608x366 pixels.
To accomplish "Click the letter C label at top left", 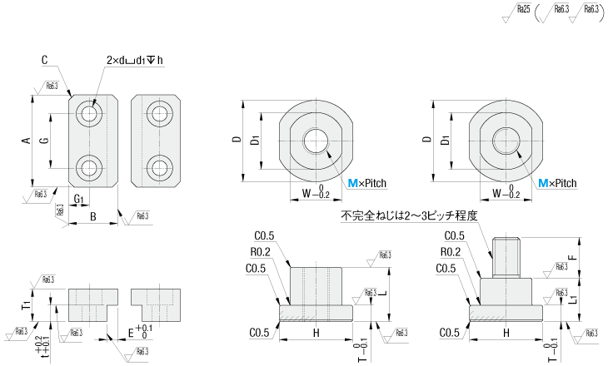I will (x=45, y=60).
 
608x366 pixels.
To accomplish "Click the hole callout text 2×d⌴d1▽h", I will (x=135, y=61).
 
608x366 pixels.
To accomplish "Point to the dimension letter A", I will (x=26, y=141).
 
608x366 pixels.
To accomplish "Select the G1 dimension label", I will (x=78, y=199).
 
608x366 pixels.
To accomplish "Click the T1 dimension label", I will (x=27, y=306).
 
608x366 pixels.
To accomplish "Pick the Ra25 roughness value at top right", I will (x=523, y=10).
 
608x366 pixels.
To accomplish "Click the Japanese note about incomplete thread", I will (x=408, y=215).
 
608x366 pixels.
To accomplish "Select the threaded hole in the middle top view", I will (x=316, y=141).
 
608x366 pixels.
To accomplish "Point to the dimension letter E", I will (x=130, y=332).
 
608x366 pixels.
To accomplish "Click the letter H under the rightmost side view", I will (x=506, y=333).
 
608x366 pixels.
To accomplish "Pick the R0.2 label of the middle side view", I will (x=260, y=251).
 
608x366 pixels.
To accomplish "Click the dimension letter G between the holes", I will (x=45, y=141).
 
